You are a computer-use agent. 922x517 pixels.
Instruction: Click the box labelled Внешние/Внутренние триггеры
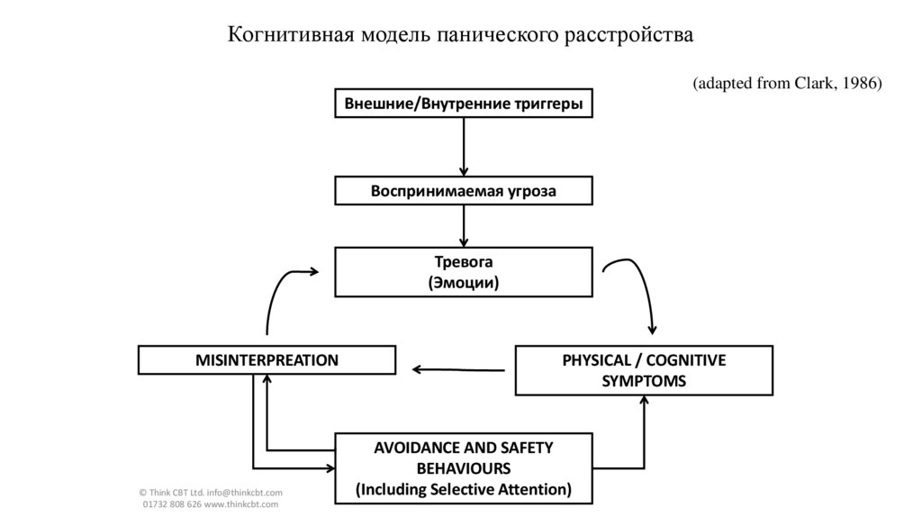click(x=464, y=104)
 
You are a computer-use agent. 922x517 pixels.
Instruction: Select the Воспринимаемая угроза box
click(x=464, y=191)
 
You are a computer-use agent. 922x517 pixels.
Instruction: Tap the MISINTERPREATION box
click(x=267, y=360)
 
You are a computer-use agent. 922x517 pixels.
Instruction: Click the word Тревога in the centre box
click(x=464, y=261)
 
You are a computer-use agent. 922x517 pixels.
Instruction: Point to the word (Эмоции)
click(x=464, y=283)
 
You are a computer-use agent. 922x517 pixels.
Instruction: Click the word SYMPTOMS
click(x=644, y=381)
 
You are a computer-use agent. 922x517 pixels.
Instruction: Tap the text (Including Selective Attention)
click(x=464, y=490)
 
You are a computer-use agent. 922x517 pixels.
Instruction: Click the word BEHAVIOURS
click(x=464, y=468)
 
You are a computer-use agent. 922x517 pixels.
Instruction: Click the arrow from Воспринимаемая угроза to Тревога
click(x=464, y=225)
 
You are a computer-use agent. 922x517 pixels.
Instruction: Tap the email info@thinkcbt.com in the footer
click(x=244, y=493)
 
